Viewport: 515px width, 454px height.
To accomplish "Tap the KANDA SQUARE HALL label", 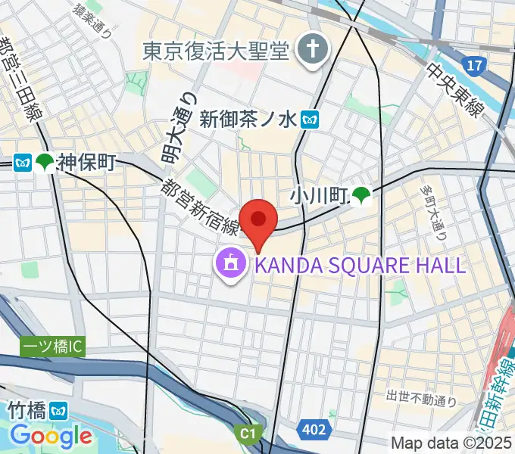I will pyautogui.click(x=360, y=265).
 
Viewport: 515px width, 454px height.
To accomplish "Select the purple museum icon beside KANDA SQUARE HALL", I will pyautogui.click(x=229, y=264).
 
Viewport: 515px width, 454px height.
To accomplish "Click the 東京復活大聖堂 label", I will pyautogui.click(x=216, y=51).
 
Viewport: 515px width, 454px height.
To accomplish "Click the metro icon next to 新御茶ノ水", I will pyautogui.click(x=309, y=119).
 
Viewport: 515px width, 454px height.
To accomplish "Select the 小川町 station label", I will pyautogui.click(x=317, y=197).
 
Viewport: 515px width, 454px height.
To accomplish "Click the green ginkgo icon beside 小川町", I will pyautogui.click(x=360, y=197).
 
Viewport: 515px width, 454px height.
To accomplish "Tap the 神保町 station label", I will pyautogui.click(x=86, y=162).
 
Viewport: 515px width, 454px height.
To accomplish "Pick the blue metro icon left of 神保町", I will pyautogui.click(x=22, y=162).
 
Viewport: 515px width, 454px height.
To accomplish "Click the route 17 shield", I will pyautogui.click(x=475, y=67).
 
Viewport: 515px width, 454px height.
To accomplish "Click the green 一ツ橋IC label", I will pyautogui.click(x=53, y=347).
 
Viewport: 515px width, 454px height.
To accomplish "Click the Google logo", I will pyautogui.click(x=51, y=436).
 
